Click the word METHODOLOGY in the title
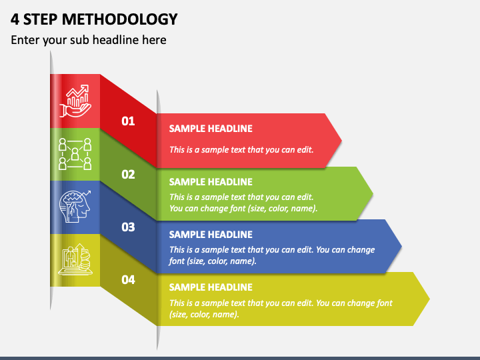click(120, 19)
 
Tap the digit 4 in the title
click(15, 19)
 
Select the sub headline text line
click(89, 40)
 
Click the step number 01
click(128, 121)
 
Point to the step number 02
click(128, 175)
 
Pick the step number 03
click(128, 227)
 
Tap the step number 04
click(128, 280)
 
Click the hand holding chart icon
click(75, 101)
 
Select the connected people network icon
click(75, 154)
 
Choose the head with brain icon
click(75, 206)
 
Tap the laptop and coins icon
click(75, 259)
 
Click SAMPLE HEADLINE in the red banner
click(211, 129)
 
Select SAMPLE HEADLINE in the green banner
click(211, 182)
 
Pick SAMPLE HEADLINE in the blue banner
click(211, 235)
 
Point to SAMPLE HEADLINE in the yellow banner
click(211, 287)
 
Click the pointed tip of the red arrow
click(341, 141)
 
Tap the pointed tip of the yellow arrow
click(429, 299)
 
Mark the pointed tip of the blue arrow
click(401, 246)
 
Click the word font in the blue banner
click(176, 261)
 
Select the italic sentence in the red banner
click(241, 150)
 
